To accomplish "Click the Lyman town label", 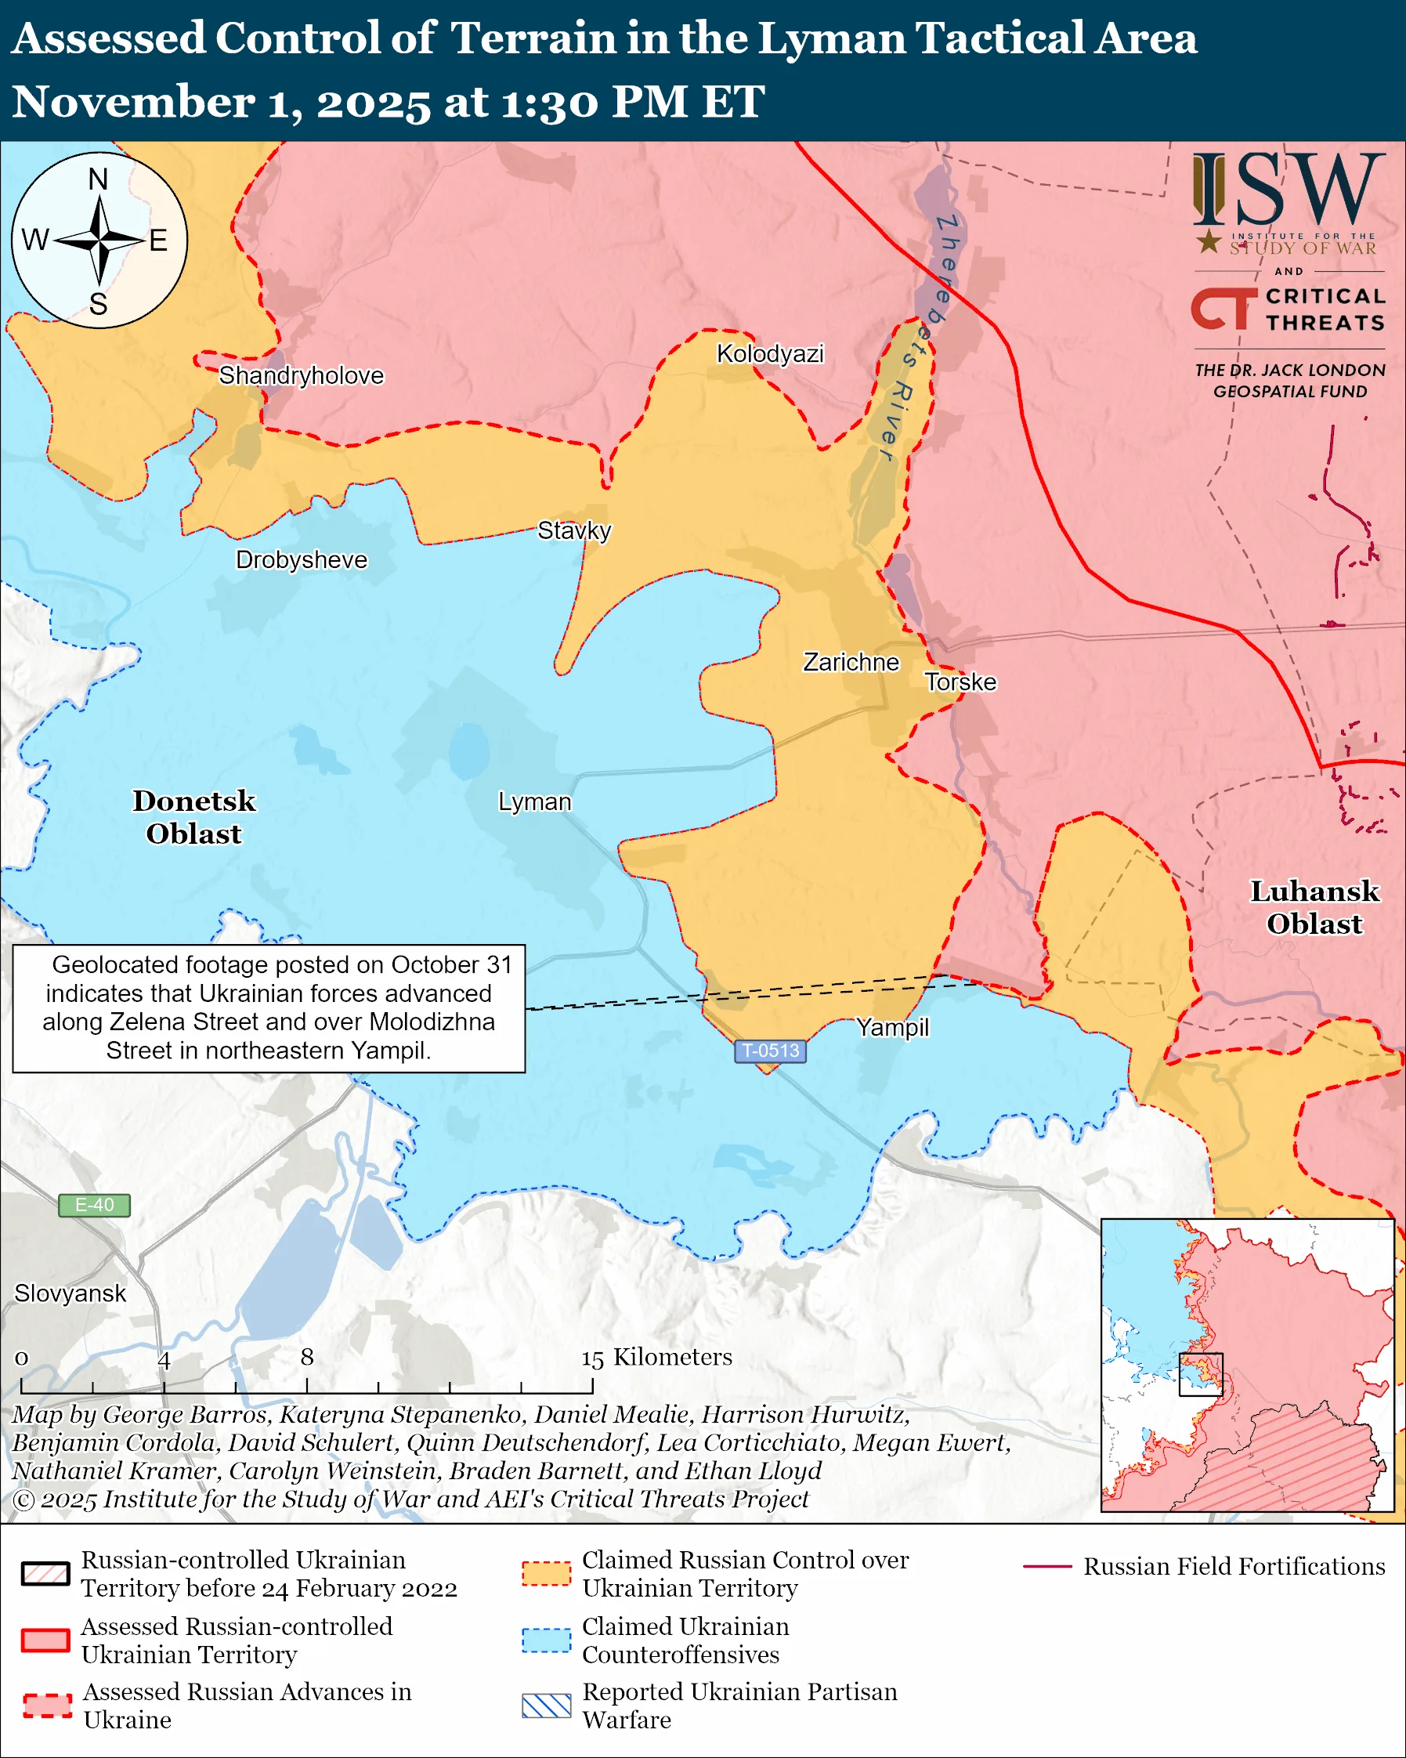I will pos(535,802).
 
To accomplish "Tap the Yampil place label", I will pos(892,1027).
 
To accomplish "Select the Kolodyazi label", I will pos(770,354).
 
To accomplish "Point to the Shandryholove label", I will pos(301,376).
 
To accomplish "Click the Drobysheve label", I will pos(302,560).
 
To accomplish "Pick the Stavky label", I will pos(574,531).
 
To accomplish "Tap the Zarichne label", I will pos(851,662).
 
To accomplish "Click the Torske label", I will pos(960,682).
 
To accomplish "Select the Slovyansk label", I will pos(70,1293).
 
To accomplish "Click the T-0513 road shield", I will pos(770,1051).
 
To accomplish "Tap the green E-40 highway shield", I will pos(95,1205).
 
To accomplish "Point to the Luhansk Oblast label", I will pos(1314,907).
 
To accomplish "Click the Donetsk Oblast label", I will pos(194,817).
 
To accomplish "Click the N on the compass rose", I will pos(98,179).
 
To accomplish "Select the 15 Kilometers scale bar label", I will pos(656,1357).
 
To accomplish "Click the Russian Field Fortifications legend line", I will pos(1046,1566).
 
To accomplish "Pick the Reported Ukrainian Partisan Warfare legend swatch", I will pos(546,1706).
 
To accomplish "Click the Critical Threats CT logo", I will pos(1223,309).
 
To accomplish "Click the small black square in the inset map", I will pos(1201,1374).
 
